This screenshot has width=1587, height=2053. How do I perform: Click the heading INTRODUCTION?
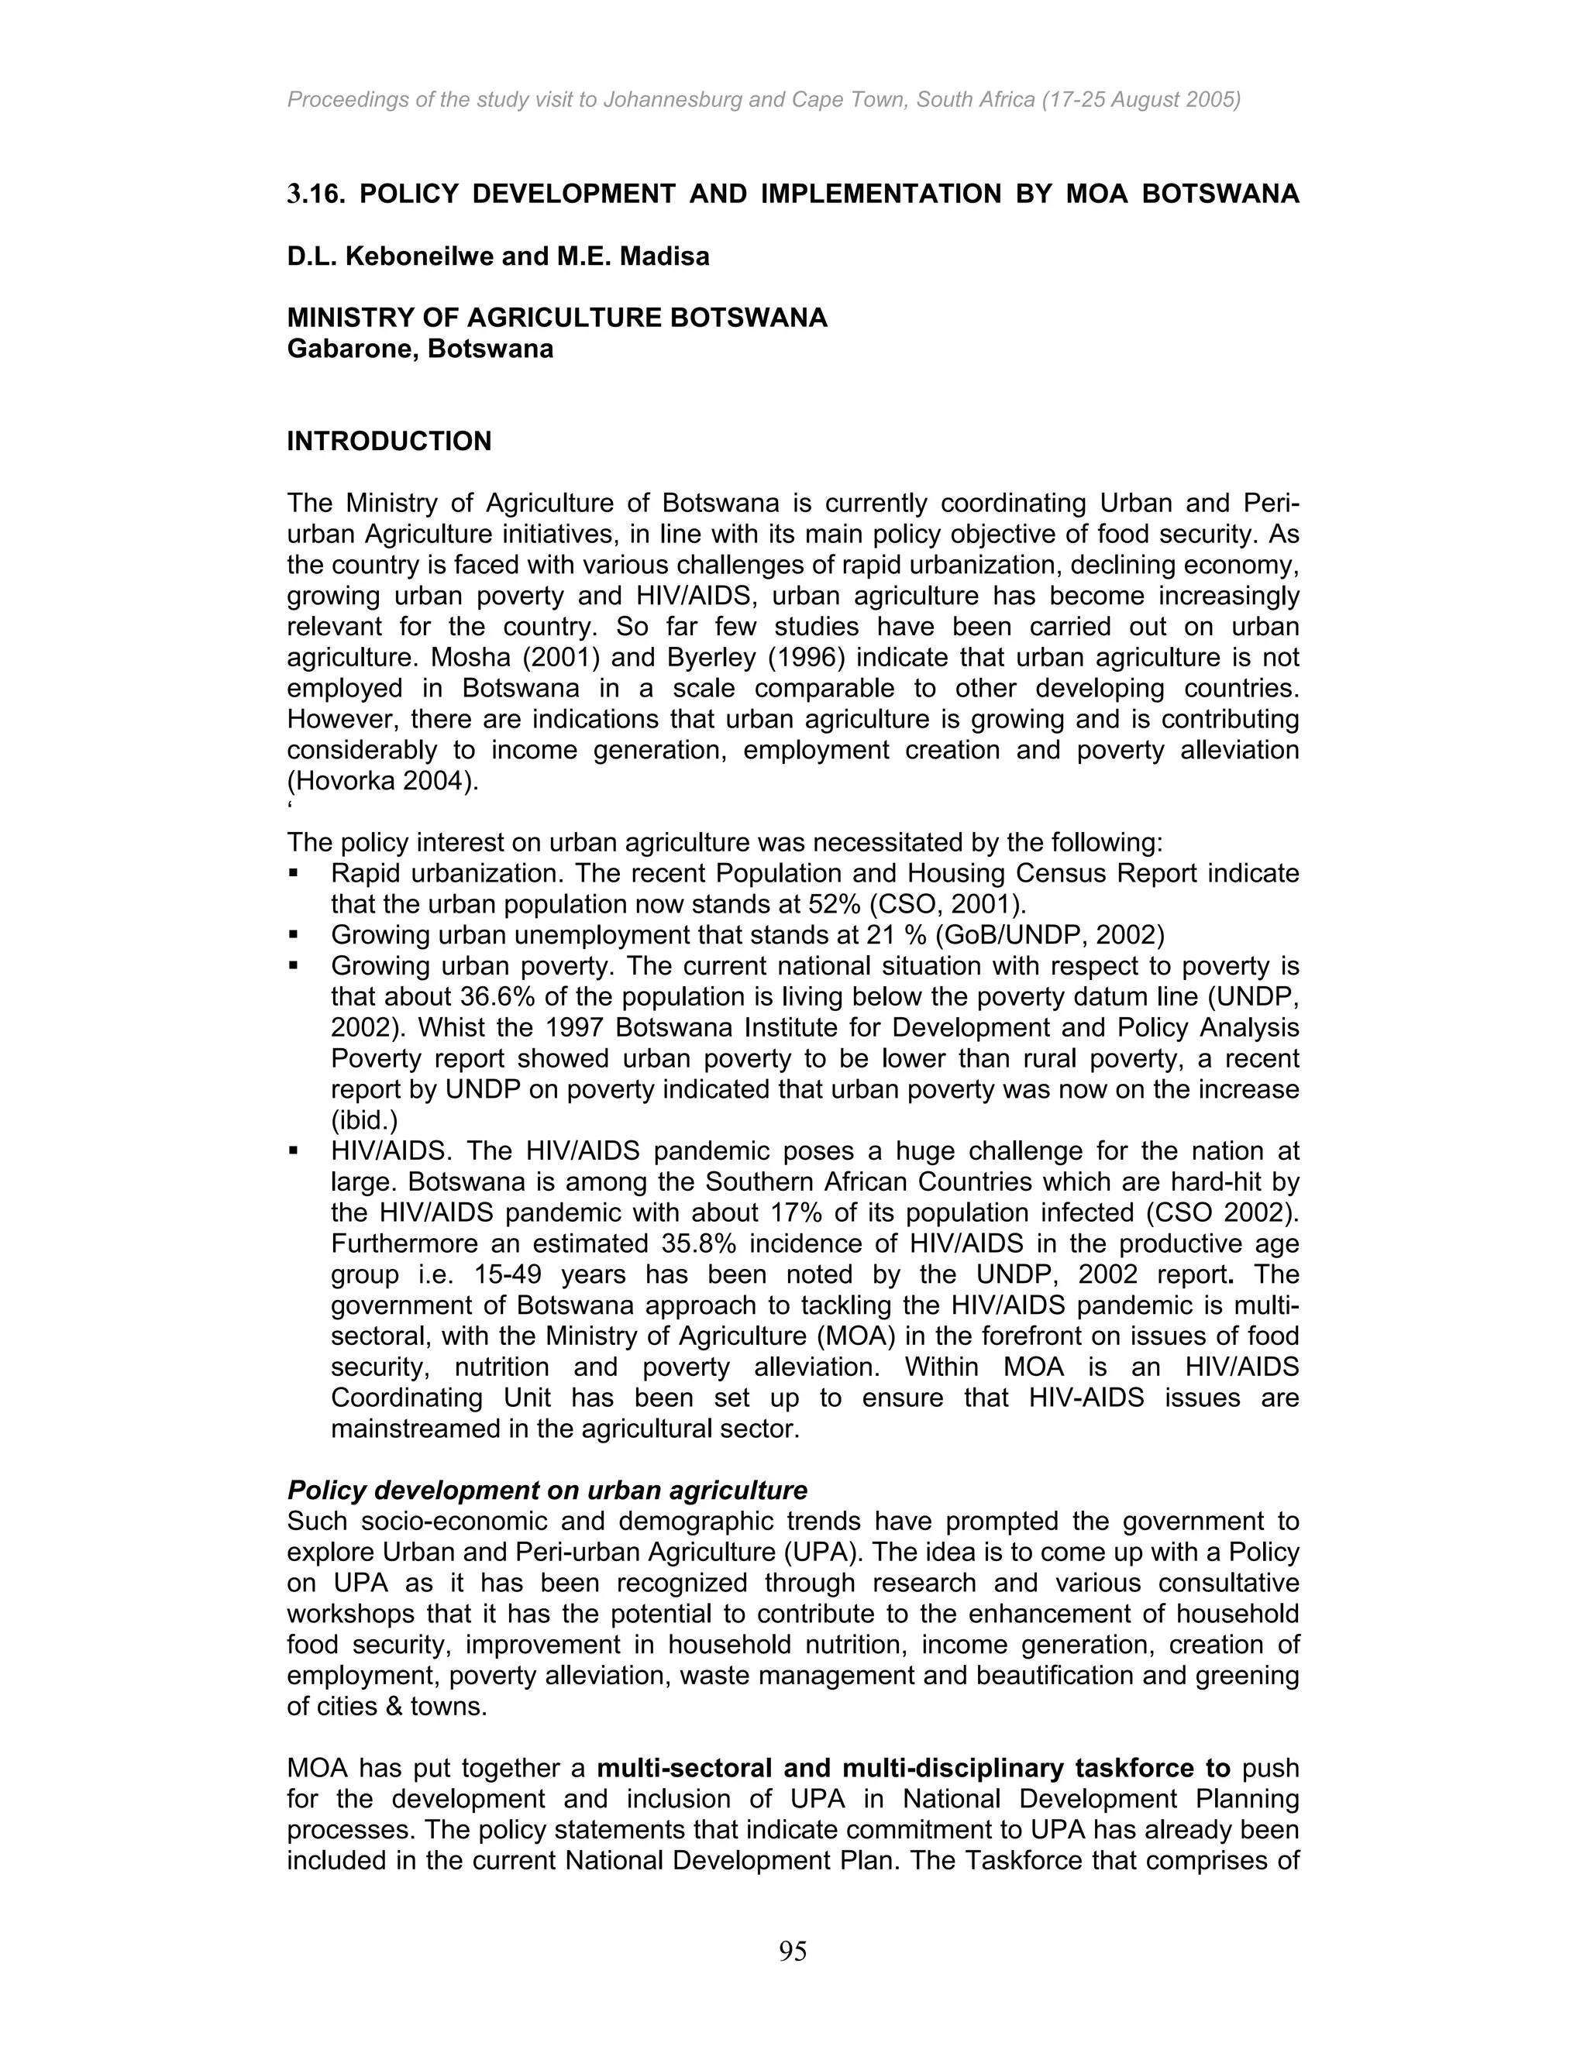pyautogui.click(x=388, y=442)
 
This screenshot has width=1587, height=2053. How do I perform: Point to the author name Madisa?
pyautogui.click(x=665, y=256)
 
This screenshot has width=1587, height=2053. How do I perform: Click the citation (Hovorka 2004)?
pyautogui.click(x=383, y=781)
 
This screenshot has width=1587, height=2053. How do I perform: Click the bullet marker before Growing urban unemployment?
pyautogui.click(x=294, y=935)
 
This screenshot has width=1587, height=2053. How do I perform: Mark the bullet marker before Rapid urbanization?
pyautogui.click(x=294, y=873)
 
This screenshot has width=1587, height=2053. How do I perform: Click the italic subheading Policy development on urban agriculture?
pyautogui.click(x=547, y=1491)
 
